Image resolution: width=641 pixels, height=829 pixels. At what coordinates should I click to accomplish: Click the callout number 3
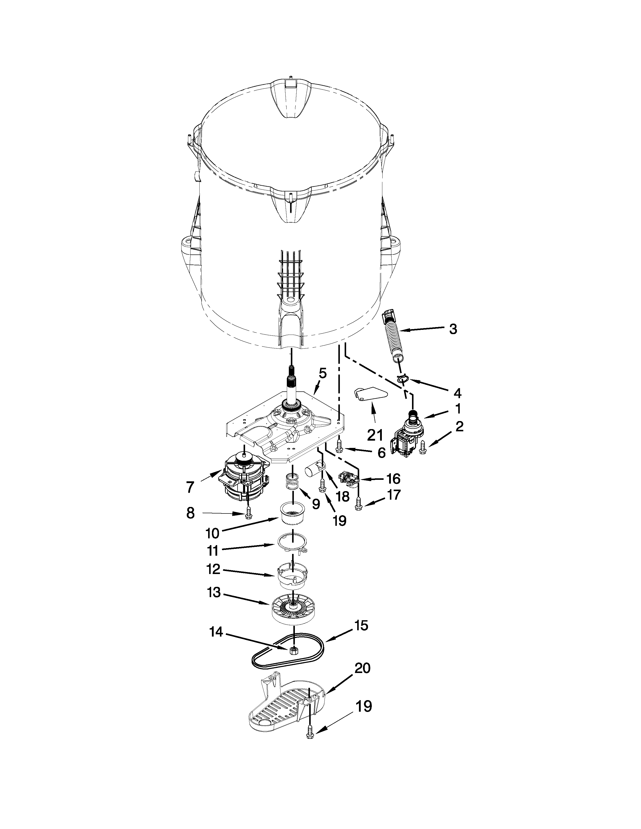[453, 329]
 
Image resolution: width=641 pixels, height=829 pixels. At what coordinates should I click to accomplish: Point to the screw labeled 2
[423, 449]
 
